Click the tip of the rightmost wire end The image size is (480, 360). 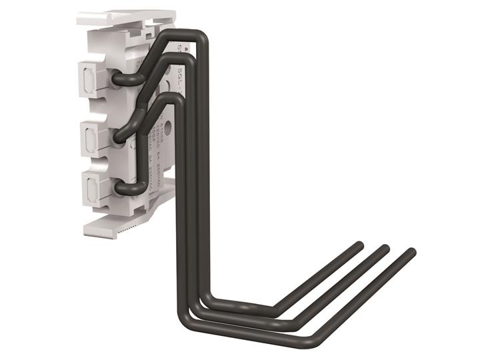[411, 252]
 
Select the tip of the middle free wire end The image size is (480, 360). [385, 248]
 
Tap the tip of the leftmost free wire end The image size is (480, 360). [359, 245]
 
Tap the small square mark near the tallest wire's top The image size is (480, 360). [187, 48]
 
